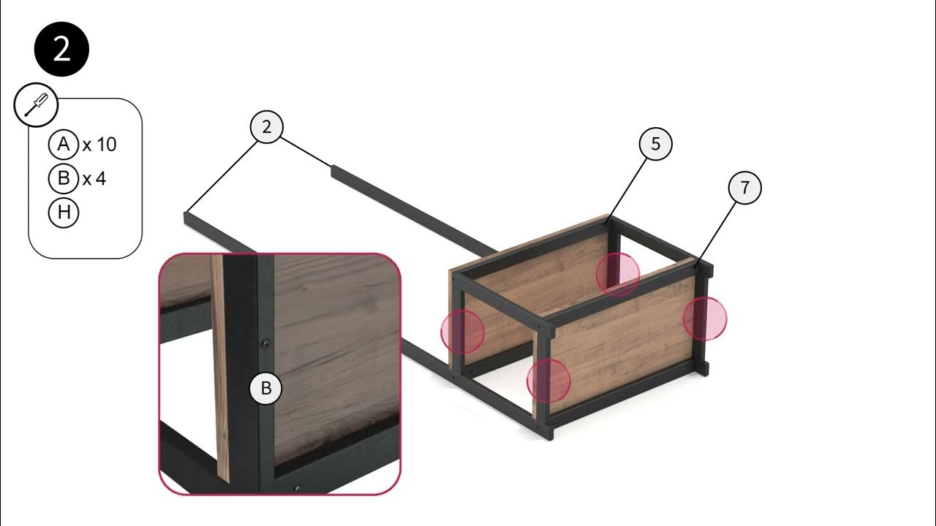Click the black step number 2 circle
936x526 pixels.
click(61, 49)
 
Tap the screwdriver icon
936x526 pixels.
click(37, 104)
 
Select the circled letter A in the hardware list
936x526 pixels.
click(64, 145)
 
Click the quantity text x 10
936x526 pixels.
click(99, 145)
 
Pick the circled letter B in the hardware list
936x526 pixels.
click(64, 179)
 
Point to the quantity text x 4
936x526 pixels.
click(94, 179)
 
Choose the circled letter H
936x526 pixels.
click(64, 213)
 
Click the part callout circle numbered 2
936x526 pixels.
click(267, 127)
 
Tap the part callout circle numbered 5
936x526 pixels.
click(656, 144)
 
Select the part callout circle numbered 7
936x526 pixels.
click(744, 188)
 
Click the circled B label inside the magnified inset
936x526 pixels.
click(265, 388)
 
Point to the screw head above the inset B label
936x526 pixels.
click(265, 344)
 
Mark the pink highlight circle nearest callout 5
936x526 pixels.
click(618, 275)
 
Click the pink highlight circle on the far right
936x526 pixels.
click(705, 319)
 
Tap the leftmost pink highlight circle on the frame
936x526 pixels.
click(463, 332)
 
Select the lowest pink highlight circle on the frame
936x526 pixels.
click(548, 381)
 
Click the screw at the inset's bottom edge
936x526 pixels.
click(297, 489)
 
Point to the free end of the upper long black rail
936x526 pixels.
click(333, 171)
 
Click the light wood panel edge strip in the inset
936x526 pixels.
click(220, 367)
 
